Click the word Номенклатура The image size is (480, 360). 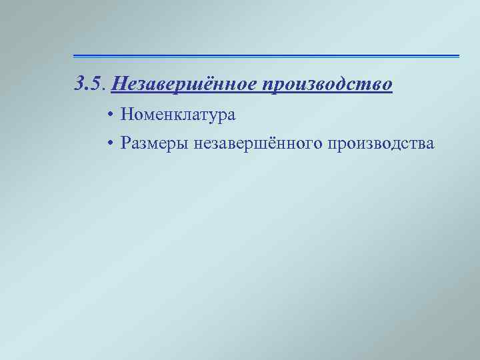tap(178, 115)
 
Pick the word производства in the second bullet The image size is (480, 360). tap(377, 143)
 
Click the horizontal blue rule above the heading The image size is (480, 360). tap(266, 55)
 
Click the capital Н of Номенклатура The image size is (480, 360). tap(126, 115)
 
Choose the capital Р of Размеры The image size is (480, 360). tap(125, 143)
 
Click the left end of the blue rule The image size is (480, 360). tap(75, 55)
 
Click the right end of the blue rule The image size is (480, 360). tap(458, 55)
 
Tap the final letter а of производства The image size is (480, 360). tap(430, 144)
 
